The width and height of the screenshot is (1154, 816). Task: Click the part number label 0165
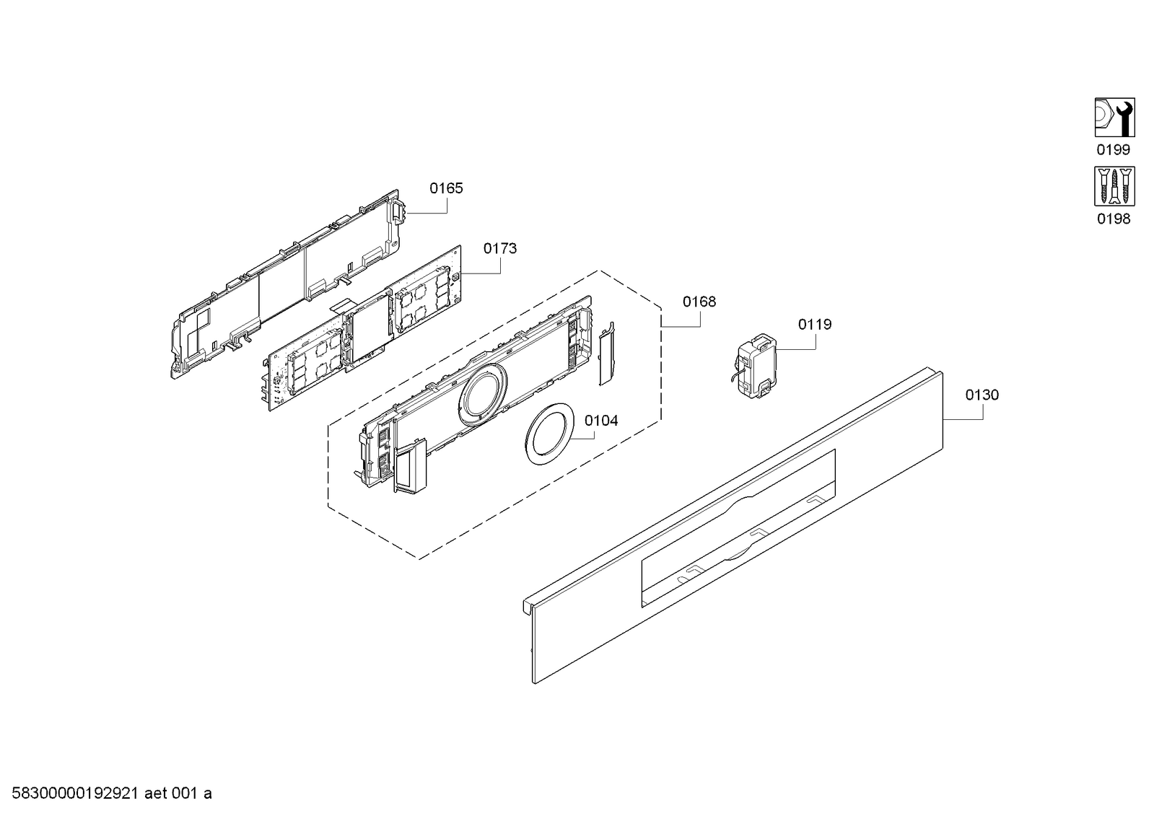(446, 188)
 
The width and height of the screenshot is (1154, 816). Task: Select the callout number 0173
(499, 249)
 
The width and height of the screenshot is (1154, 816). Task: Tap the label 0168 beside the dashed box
(699, 302)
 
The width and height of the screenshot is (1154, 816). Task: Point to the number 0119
(815, 325)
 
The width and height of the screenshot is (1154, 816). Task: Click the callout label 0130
(982, 395)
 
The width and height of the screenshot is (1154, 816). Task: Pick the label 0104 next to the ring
(601, 421)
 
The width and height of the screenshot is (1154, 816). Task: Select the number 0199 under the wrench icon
(1114, 150)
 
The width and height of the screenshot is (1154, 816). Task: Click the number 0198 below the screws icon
(1114, 219)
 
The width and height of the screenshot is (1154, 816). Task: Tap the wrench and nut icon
(1114, 118)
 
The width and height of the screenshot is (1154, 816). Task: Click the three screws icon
(1114, 186)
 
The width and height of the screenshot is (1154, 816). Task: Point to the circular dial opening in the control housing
(483, 395)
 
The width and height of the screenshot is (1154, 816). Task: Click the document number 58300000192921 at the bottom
(75, 794)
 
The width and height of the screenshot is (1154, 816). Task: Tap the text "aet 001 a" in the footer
(178, 794)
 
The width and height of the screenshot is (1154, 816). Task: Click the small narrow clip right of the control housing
(607, 354)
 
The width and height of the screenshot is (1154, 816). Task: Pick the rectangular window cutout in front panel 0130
(738, 528)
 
